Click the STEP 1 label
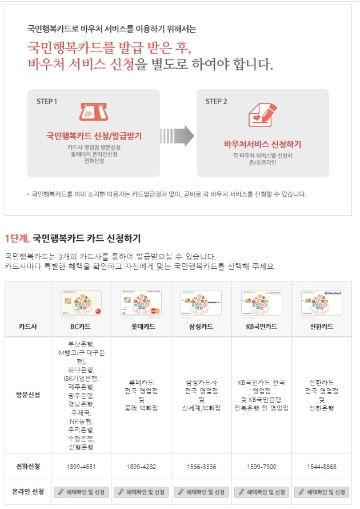tap(47, 102)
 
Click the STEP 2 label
tap(216, 102)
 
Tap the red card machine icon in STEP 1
tap(94, 112)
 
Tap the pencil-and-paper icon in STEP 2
tap(263, 115)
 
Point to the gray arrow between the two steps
tap(177, 136)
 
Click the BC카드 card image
tap(81, 303)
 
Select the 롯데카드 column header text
tap(141, 327)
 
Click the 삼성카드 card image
tap(201, 303)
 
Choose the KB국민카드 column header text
tap(261, 327)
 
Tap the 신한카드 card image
tap(322, 303)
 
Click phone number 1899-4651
tap(81, 467)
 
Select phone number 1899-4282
tap(141, 467)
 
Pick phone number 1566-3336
tap(201, 467)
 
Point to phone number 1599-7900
tap(261, 467)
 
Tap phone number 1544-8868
tap(322, 467)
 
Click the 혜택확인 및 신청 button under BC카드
tap(81, 492)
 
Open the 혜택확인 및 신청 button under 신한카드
tap(322, 492)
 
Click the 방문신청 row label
tap(28, 395)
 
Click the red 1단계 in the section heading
tap(17, 238)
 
